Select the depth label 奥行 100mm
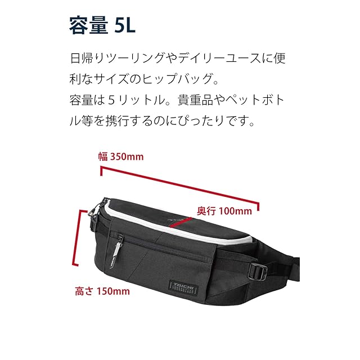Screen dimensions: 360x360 [x=224, y=211]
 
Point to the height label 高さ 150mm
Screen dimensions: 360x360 [x=102, y=291]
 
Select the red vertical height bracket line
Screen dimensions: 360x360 [x=73, y=236]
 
